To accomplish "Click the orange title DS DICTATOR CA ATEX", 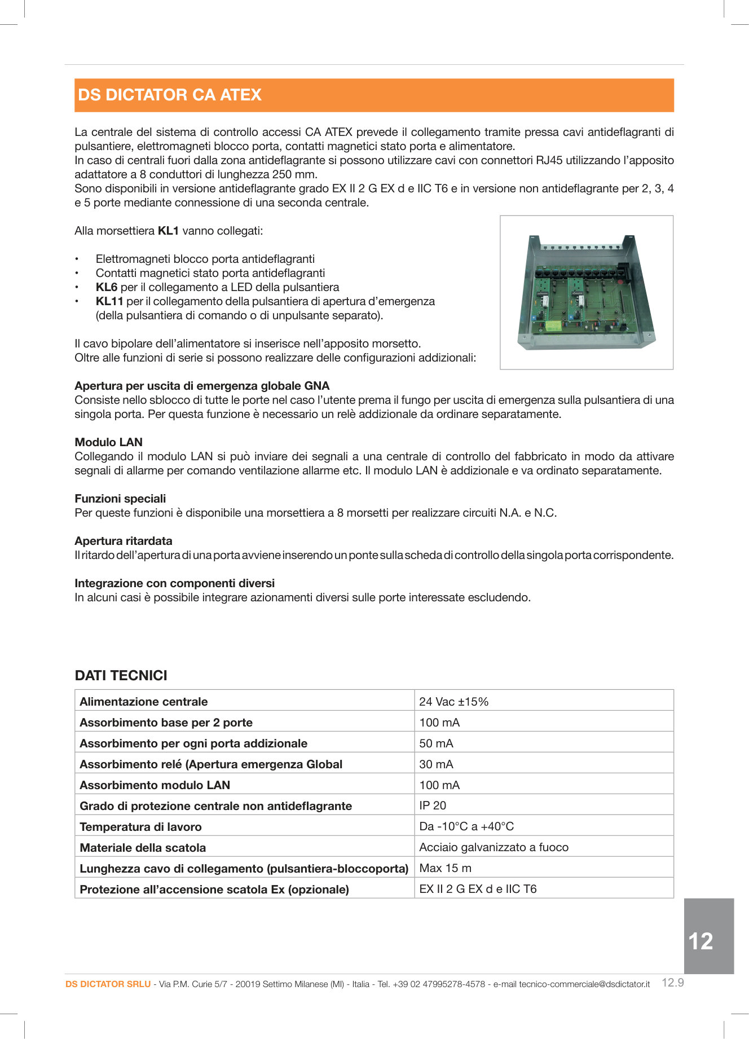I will [x=170, y=95].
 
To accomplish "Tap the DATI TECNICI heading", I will [x=121, y=675].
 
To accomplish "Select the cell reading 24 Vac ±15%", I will [x=453, y=702].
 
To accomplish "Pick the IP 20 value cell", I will [x=433, y=805].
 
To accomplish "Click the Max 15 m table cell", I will [x=445, y=868].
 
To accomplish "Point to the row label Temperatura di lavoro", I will [x=140, y=827].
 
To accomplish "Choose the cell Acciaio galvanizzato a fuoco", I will [x=494, y=847].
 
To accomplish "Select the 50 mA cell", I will [x=436, y=743].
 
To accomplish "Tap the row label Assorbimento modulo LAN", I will [x=155, y=785].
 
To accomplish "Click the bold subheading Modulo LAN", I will [x=108, y=442].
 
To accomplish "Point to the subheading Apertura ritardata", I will [x=124, y=541].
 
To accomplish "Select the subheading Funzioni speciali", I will [x=120, y=499].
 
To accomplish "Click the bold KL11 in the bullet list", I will [x=109, y=301].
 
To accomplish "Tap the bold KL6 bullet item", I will [x=107, y=287].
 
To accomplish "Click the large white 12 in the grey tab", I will [x=700, y=941].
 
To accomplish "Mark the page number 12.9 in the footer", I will [x=672, y=983].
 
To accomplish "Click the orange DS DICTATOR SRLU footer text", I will [x=108, y=984].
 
